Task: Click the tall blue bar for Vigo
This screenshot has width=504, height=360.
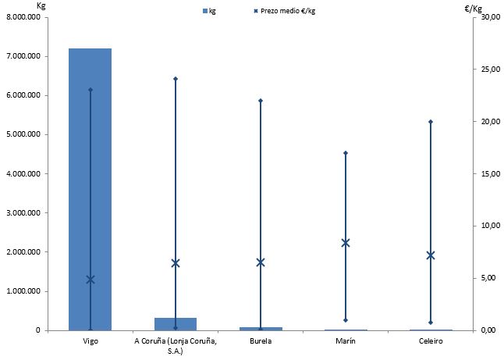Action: coord(90,187)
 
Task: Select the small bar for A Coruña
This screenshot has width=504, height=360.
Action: coord(176,324)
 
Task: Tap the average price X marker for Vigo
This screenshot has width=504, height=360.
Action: coord(91,280)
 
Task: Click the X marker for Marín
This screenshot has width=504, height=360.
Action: coord(346,243)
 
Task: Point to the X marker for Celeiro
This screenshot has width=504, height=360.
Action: coord(431,255)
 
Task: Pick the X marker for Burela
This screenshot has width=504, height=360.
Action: coord(261,262)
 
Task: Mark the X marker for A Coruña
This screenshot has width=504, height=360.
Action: coord(176,263)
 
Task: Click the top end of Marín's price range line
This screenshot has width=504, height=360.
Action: coord(346,153)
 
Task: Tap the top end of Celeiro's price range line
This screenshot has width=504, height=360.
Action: coord(431,122)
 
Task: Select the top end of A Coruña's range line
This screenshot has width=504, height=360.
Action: coord(176,79)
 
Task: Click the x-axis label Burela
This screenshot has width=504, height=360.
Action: coord(261,341)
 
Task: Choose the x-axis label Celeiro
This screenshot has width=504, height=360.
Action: coord(431,341)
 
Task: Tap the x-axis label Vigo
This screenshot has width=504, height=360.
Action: coord(90,341)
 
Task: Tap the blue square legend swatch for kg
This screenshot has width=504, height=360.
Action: coord(205,11)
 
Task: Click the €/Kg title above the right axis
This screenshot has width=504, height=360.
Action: coord(473,9)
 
